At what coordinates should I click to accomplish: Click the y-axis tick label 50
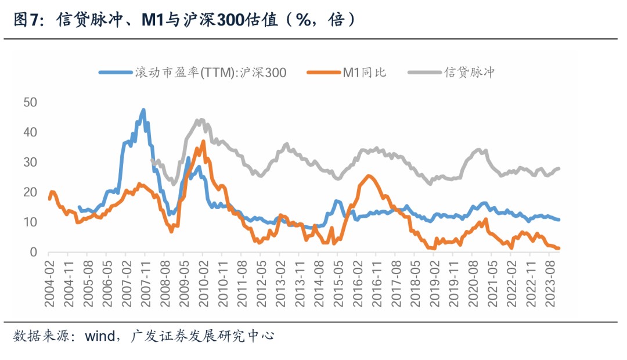[30, 102]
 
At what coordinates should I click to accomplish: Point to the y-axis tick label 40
[30, 132]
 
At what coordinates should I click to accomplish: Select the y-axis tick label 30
[30, 162]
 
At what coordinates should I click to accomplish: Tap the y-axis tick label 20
[30, 192]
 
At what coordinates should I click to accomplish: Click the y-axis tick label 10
[30, 222]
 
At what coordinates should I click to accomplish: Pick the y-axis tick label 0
[34, 253]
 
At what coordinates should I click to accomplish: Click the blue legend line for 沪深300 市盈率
[115, 73]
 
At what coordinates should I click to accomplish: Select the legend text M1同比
[364, 73]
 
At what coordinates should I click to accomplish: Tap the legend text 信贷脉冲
[469, 73]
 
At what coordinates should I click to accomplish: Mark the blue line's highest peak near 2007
[143, 109]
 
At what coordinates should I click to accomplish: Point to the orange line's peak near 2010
[203, 141]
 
